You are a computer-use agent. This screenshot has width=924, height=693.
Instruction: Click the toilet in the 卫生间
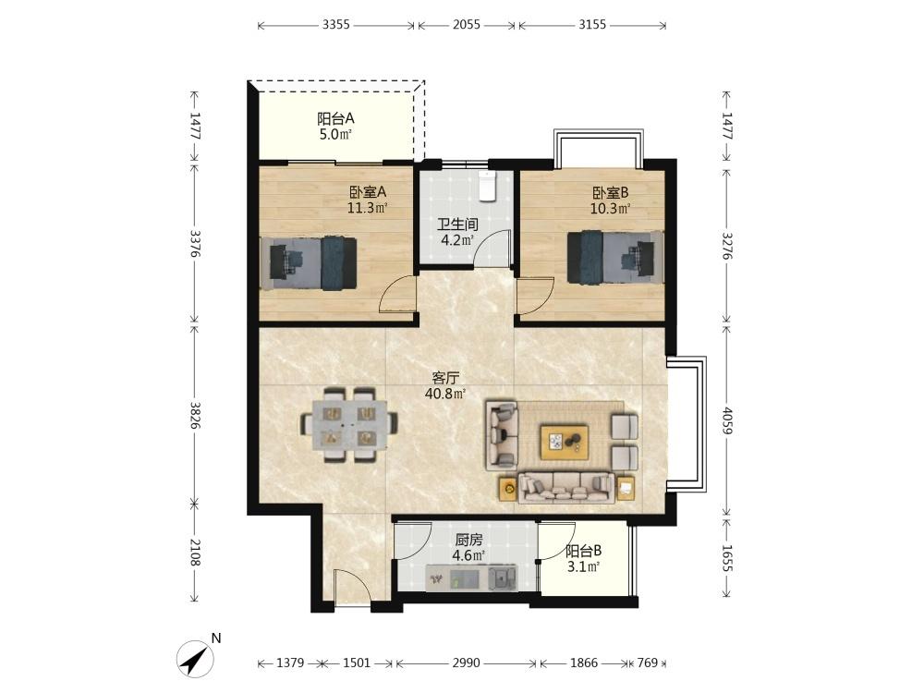coord(487,186)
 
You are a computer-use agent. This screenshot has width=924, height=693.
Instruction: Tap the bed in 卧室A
coord(309,262)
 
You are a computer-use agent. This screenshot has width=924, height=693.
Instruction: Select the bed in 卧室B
coord(615,257)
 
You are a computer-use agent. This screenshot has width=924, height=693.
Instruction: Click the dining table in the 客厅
coord(349,423)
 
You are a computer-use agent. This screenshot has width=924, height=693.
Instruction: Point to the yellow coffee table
coord(564,442)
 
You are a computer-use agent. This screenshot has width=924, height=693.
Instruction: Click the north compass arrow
coord(196,658)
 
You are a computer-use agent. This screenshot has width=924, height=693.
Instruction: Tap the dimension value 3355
coord(336,25)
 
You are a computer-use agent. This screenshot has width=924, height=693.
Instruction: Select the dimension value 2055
coord(466,25)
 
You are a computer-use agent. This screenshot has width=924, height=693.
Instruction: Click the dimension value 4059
coord(726,420)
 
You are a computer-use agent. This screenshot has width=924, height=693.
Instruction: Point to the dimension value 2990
coord(466,663)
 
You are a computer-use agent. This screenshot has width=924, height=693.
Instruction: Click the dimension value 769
coord(647,663)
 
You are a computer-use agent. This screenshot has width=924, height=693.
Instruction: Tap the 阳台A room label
coord(336,118)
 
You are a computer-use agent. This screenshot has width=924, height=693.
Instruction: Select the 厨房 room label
coord(469,540)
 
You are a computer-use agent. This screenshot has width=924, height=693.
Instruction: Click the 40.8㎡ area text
coord(445,393)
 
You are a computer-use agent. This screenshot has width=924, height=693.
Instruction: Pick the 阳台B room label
coord(583,552)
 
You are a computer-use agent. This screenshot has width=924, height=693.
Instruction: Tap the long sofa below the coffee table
coord(566,487)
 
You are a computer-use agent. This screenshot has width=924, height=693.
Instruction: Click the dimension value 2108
coord(195,553)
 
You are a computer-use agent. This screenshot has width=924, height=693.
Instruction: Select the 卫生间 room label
coord(457,225)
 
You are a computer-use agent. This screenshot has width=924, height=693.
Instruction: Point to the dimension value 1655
coord(726,557)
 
